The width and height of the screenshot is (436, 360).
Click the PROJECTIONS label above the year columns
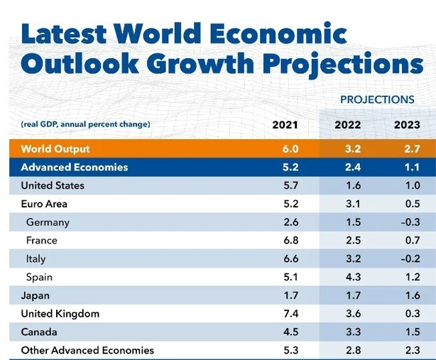[376, 100]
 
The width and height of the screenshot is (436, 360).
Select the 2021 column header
[285, 125]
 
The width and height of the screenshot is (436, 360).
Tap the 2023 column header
[407, 125]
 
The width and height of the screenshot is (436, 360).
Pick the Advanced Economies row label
[75, 168]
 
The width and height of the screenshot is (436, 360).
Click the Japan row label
[36, 295]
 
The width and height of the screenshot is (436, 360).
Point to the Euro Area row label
[44, 204]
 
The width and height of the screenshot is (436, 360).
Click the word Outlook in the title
[83, 63]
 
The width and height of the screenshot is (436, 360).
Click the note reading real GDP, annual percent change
[85, 125]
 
